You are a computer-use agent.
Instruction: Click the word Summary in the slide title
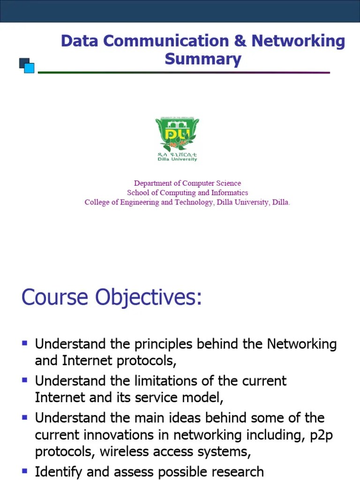203,60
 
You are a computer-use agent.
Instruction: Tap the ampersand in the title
240,41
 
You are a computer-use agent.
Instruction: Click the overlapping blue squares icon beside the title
27,66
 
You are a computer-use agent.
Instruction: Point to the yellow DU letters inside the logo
177,134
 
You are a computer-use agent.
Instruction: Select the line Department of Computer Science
187,183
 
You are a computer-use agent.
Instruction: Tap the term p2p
323,435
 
